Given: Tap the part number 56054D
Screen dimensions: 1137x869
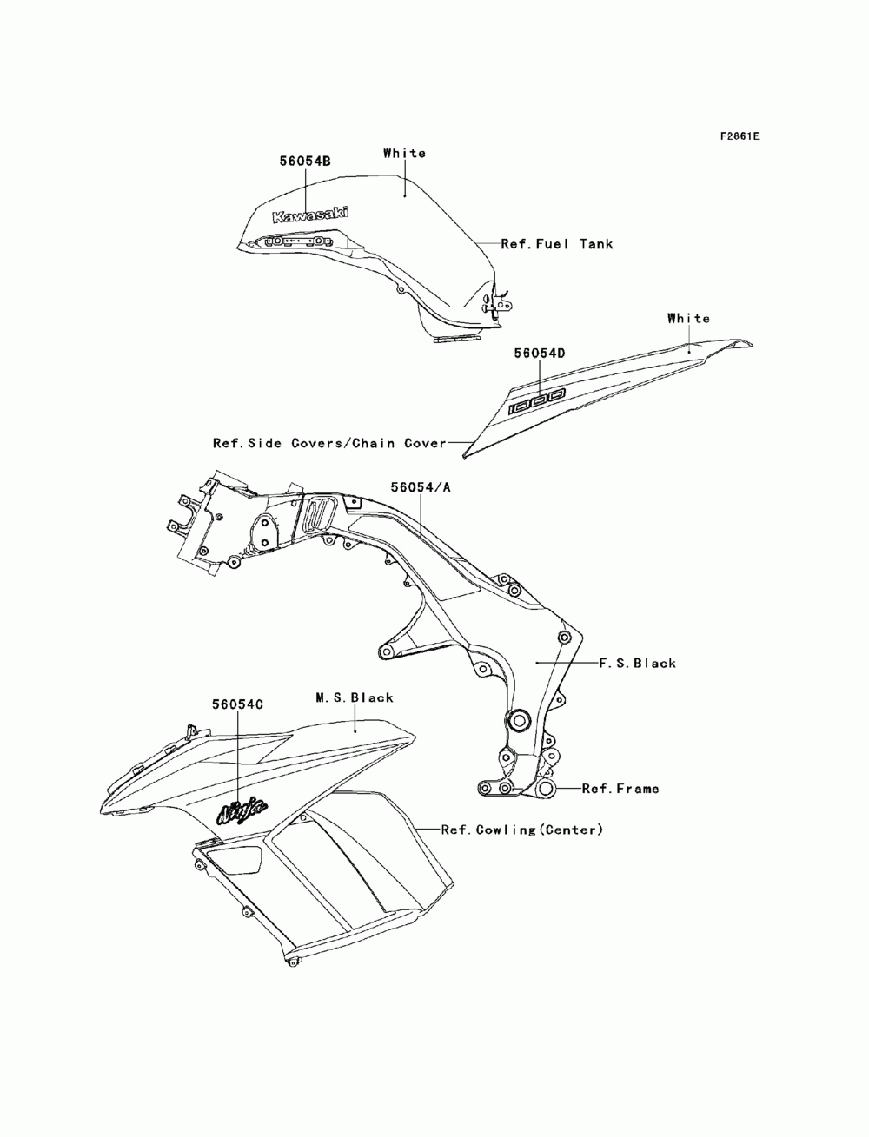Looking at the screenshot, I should [539, 354].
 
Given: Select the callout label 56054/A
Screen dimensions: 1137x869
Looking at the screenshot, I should [421, 488].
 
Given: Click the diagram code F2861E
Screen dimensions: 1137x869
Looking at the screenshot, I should [739, 136].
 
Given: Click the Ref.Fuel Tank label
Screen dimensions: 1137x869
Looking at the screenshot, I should [557, 244].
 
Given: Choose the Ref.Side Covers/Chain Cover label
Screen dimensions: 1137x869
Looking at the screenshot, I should [329, 443].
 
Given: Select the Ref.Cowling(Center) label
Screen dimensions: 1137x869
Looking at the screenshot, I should [521, 830].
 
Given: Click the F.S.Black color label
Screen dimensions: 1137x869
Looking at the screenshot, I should [637, 663].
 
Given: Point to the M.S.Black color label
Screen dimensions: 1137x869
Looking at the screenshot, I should [354, 697].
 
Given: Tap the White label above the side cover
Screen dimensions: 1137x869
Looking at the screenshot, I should [689, 318].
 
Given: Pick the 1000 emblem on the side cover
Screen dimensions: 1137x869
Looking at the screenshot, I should [537, 401].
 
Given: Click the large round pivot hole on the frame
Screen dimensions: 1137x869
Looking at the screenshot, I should [519, 720].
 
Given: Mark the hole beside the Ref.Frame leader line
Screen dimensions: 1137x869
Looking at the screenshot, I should [546, 789].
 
